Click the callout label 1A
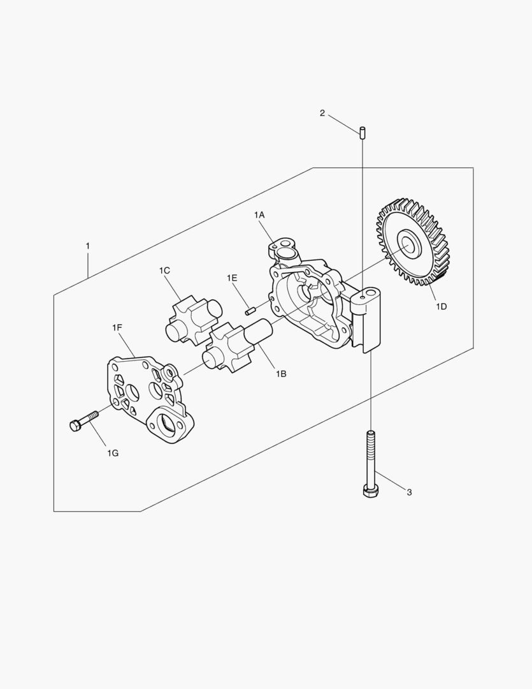pos(259,214)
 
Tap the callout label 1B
pos(281,373)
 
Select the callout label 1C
pos(164,270)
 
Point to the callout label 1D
pos(441,306)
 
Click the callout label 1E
pos(232,278)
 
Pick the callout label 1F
pos(117,327)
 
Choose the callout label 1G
pos(113,453)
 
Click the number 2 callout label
pos(322,114)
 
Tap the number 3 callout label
pos(409,492)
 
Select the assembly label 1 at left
pos(88,246)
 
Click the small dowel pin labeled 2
pos(362,132)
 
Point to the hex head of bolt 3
pos(369,491)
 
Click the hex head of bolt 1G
pos(75,426)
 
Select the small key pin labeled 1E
pos(250,311)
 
